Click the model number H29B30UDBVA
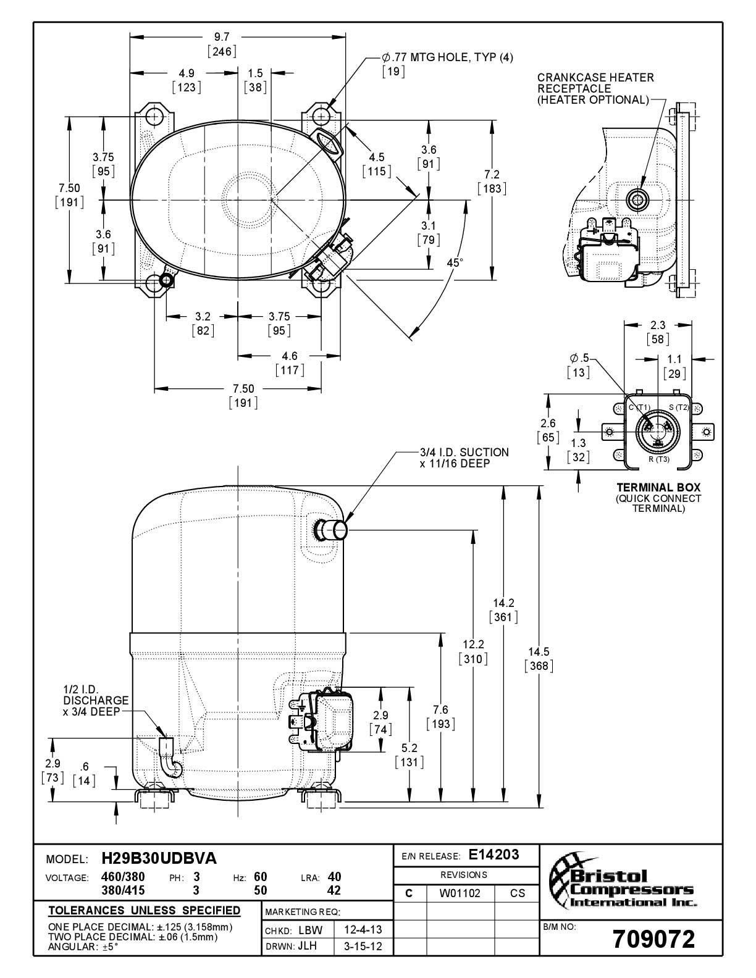click(x=159, y=859)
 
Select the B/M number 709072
click(x=654, y=939)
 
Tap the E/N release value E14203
click(x=494, y=855)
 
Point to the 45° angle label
click(x=455, y=262)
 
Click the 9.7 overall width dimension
click(x=222, y=37)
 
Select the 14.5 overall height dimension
click(x=539, y=651)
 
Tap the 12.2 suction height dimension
click(x=473, y=645)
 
